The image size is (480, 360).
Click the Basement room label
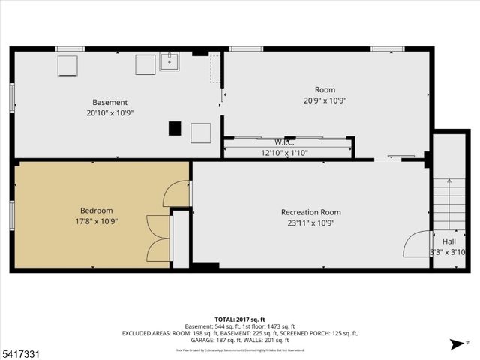click(x=109, y=102)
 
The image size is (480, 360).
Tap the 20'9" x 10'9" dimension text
click(x=325, y=100)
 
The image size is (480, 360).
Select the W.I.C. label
click(x=283, y=142)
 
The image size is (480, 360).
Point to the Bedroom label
click(x=96, y=211)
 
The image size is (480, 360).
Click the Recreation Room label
click(x=310, y=212)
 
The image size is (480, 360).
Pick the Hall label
click(x=448, y=241)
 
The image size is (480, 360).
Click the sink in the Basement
click(x=169, y=61)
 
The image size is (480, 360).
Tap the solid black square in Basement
click(x=175, y=128)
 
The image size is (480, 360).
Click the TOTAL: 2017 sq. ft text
click(x=240, y=318)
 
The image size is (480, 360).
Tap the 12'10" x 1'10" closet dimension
click(x=284, y=152)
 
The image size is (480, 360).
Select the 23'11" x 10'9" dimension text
click(x=310, y=223)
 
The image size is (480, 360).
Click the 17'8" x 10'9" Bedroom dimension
click(x=96, y=221)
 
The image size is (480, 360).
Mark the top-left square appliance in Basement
click(x=68, y=66)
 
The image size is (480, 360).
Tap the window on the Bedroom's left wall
click(x=12, y=214)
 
